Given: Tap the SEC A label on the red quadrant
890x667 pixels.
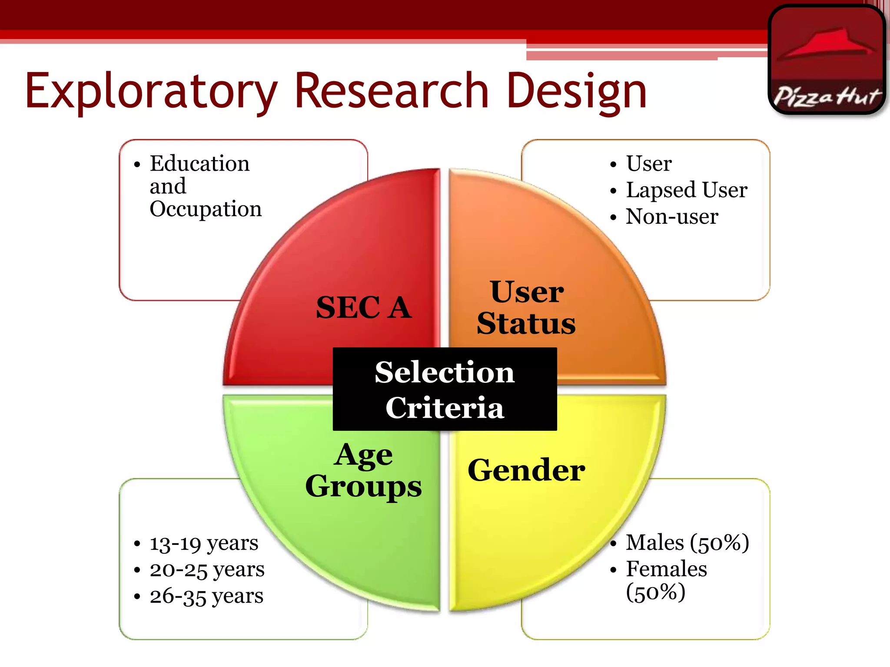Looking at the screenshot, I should (363, 307).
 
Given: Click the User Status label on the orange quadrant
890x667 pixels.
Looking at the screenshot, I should (526, 307).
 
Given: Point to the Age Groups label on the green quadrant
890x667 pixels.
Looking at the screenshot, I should (363, 471).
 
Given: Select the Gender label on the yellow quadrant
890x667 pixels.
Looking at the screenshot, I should (526, 470).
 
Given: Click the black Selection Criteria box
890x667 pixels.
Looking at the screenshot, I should (445, 389).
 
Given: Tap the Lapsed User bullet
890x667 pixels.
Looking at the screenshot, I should (686, 190).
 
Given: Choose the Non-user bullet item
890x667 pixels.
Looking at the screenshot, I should (672, 216).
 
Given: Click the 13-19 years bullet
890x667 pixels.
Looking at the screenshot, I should (204, 543).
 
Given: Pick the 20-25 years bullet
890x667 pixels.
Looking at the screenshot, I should (207, 570).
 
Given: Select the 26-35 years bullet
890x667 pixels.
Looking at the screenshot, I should (206, 596).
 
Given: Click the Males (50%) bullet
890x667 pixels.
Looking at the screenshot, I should (687, 543).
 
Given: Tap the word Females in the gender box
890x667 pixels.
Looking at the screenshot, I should (666, 569).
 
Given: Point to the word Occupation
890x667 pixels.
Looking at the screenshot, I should (206, 209).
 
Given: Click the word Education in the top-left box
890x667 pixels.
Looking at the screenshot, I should (199, 164).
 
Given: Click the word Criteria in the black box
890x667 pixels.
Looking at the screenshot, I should (445, 407).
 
